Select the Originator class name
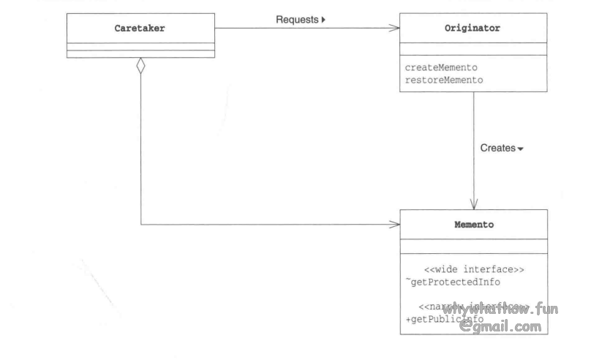[473, 29]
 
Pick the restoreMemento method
[444, 80]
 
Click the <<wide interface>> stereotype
[474, 269]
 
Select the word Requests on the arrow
[297, 20]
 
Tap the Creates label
[497, 148]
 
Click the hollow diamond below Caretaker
[141, 66]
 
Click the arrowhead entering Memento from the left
[396, 225]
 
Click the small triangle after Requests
[323, 20]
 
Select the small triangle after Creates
[521, 149]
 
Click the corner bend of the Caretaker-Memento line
[141, 225]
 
